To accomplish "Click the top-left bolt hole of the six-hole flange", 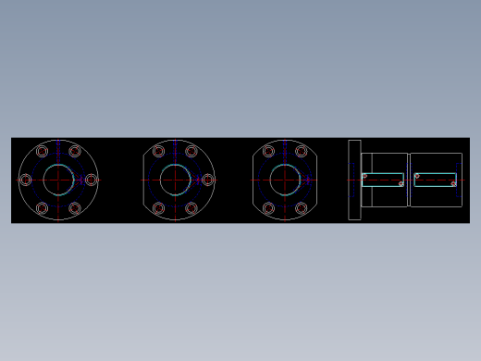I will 42,151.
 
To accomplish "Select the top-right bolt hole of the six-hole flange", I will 75,151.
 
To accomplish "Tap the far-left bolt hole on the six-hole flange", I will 26,180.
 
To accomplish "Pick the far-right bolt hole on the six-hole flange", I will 91,180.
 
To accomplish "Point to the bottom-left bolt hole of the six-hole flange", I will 42,208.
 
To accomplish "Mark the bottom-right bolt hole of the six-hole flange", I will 75,208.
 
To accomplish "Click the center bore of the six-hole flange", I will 58,180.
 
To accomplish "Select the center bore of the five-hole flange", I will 175,180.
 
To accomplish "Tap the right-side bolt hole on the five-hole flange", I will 207,180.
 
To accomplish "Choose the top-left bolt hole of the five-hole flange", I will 158,151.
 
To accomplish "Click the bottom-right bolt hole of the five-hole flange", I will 191,208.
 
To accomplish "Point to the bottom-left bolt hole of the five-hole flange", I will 158,208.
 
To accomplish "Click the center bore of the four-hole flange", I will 285,180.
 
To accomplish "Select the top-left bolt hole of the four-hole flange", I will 268,151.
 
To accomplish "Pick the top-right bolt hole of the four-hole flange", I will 302,151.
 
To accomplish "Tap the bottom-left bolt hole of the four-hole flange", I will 268,208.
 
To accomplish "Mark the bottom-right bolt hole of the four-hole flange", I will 302,208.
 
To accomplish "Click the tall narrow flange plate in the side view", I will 354,180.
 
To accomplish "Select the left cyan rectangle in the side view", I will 383,180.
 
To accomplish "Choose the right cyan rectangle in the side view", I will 435,180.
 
